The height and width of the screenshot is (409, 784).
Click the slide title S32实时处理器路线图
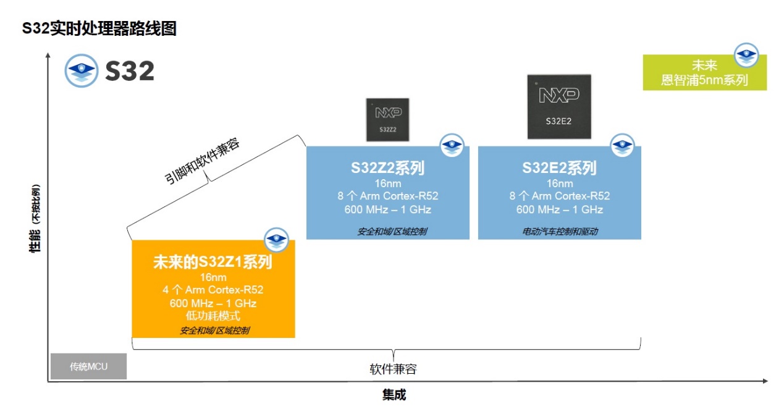point(99,28)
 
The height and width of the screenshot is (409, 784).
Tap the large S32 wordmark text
point(130,71)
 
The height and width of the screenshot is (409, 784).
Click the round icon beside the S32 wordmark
point(81,70)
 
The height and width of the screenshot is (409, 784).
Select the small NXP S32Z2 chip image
point(387,120)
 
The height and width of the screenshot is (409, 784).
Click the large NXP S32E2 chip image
point(559,106)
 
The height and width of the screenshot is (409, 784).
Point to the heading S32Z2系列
point(387,167)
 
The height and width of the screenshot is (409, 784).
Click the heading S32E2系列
point(559,167)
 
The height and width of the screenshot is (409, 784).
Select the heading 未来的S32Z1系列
point(213,262)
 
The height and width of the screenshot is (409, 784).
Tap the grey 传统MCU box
point(88,366)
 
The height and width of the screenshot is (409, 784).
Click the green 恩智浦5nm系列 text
point(704,80)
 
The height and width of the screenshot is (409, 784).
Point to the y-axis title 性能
point(35,241)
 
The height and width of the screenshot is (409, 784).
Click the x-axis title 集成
point(394,395)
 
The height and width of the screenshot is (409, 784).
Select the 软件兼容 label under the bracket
point(393,369)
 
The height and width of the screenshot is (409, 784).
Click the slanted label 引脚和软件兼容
point(202,161)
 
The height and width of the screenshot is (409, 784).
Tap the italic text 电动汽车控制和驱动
point(560,231)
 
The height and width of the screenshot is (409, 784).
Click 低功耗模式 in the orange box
point(213,316)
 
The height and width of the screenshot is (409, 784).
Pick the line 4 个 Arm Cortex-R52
point(213,290)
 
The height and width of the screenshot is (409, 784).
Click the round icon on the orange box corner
point(276,240)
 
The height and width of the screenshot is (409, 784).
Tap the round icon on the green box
point(746,55)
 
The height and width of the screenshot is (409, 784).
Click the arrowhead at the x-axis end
point(765,381)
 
